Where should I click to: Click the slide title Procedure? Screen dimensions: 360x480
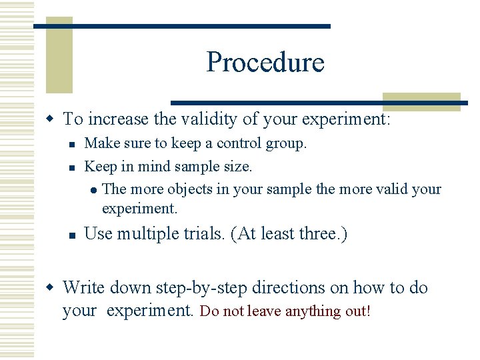click(x=265, y=62)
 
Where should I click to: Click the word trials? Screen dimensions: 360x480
click(x=203, y=234)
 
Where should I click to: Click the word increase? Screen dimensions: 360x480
click(x=118, y=119)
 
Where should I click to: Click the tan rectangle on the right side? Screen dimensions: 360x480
click(x=421, y=101)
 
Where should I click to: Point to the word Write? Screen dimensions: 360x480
click(x=84, y=288)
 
